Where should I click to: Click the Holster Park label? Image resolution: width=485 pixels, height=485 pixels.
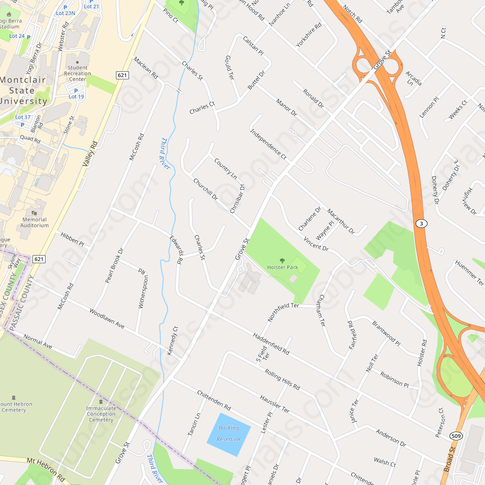pos(282,267)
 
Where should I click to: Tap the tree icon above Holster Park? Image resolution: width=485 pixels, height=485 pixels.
pos(282,260)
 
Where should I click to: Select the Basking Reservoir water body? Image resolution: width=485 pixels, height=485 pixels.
pos(228,434)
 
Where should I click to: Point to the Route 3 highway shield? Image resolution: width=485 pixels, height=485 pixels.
pos(421,223)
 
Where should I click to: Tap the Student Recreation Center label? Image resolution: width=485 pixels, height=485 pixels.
pos(78,74)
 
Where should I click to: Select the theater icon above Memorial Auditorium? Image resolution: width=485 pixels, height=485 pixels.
pos(34,212)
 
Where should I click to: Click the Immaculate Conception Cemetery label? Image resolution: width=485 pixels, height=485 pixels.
pos(101,414)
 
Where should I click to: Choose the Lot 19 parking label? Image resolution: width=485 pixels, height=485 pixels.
pos(76,97)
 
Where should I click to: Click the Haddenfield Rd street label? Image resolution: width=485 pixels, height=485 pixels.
pos(271,344)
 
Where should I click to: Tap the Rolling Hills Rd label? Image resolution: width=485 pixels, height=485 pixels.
pos(282,380)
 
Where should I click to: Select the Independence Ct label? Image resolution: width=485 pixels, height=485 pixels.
pos(268,145)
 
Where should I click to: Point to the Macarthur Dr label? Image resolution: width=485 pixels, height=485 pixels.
pos(340,221)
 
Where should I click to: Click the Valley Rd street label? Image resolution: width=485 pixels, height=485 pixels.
pos(90,155)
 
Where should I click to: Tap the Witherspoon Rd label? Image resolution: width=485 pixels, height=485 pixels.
pos(142,289)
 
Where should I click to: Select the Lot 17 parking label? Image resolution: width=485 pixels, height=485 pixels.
pos(23,117)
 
